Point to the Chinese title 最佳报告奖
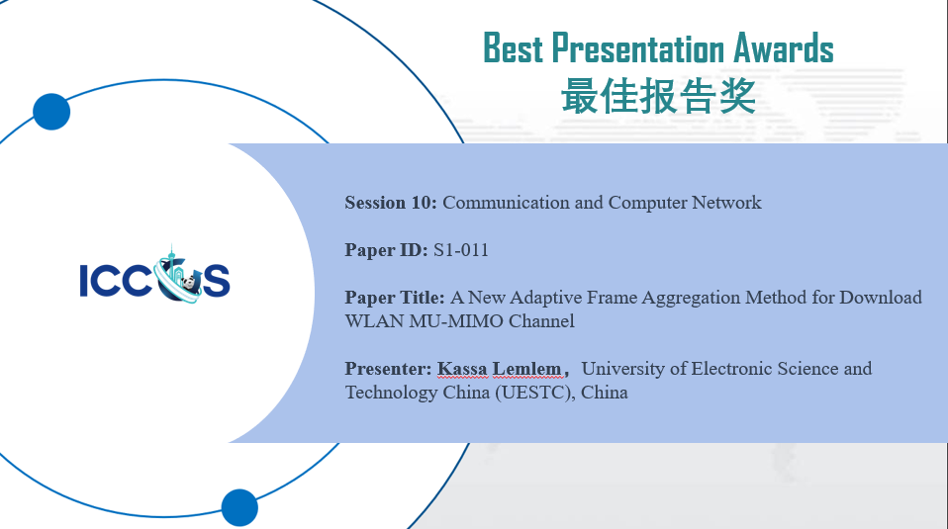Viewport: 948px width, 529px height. point(658,97)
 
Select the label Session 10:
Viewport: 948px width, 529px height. point(390,203)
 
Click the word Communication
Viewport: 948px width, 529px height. point(507,203)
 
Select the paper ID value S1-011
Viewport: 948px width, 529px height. point(461,250)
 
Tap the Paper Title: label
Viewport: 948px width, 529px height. point(395,298)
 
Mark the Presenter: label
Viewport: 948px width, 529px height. point(388,369)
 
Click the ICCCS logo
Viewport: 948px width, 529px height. point(154,277)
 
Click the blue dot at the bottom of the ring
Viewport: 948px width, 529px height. point(239,507)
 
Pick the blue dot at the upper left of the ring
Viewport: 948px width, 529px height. point(51,112)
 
